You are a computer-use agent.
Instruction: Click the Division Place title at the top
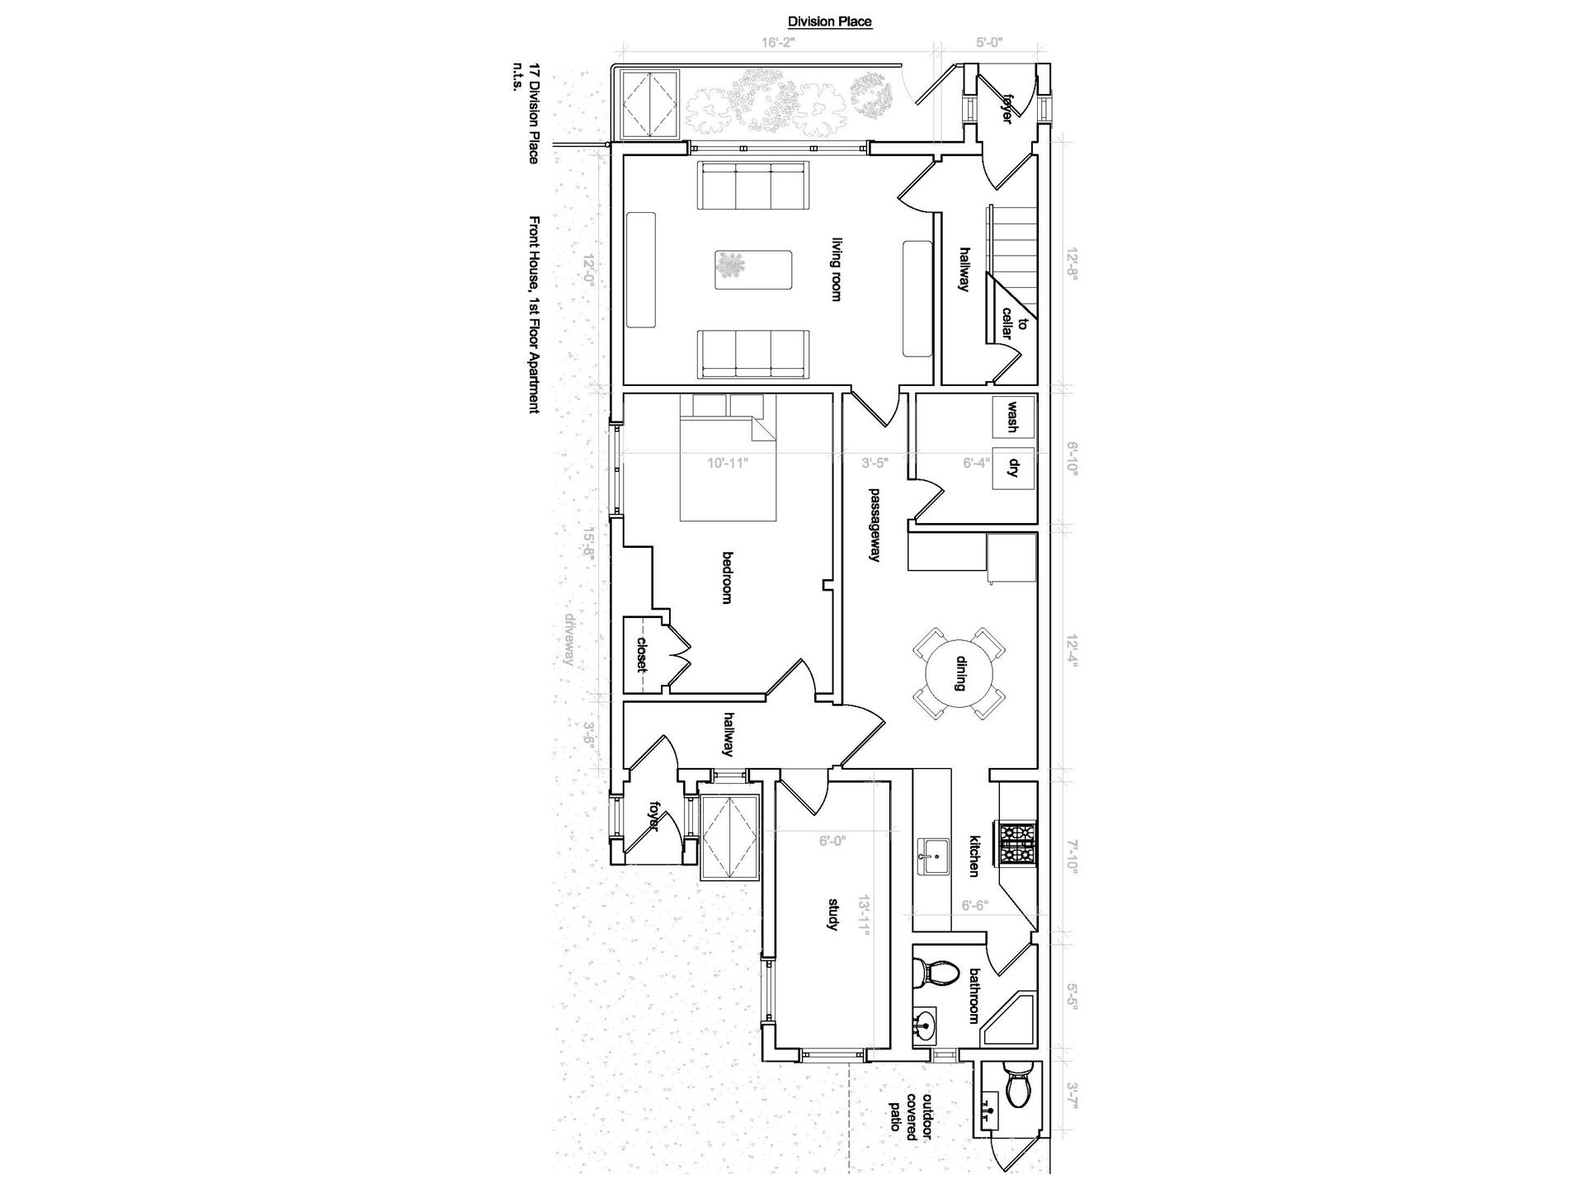[x=829, y=22]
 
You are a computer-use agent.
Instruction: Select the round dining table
[x=959, y=673]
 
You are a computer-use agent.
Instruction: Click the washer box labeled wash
[x=1012, y=417]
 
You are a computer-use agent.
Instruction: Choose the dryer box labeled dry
[x=1013, y=467]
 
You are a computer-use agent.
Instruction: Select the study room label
[x=832, y=914]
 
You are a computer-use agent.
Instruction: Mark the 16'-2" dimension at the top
[x=776, y=42]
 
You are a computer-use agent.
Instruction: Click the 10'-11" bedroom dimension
[x=727, y=463]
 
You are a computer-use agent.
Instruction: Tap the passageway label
[x=874, y=526]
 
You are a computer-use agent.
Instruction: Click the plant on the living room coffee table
[x=729, y=266]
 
